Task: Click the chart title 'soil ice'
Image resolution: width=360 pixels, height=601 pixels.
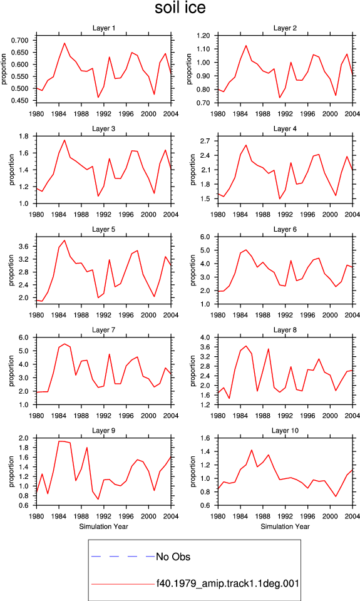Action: click(x=180, y=8)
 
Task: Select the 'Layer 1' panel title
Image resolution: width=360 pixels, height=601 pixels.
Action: click(x=103, y=28)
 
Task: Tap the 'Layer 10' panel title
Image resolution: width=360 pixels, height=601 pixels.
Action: click(x=285, y=431)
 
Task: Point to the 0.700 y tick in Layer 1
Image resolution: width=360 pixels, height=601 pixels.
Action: click(x=20, y=40)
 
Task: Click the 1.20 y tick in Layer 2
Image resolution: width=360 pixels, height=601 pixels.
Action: click(x=203, y=36)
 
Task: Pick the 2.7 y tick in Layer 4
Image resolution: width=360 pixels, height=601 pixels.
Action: click(x=205, y=141)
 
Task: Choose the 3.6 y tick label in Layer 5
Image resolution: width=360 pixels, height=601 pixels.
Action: click(x=24, y=247)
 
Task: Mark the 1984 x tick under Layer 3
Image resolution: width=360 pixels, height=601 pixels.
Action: click(x=59, y=214)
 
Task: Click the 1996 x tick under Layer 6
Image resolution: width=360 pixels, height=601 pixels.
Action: click(x=307, y=315)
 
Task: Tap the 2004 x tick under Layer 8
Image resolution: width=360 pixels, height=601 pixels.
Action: click(x=352, y=416)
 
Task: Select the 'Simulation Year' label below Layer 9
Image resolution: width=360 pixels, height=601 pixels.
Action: click(x=103, y=527)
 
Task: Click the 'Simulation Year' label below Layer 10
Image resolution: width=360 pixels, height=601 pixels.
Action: click(x=285, y=527)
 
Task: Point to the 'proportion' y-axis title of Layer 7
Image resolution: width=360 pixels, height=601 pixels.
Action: click(x=11, y=371)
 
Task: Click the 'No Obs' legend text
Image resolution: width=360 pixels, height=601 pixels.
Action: click(x=173, y=557)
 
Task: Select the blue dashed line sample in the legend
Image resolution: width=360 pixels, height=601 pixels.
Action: click(x=123, y=556)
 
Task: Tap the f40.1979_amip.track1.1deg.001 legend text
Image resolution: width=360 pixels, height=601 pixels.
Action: click(x=227, y=583)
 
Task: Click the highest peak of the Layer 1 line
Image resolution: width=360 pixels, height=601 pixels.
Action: click(x=64, y=43)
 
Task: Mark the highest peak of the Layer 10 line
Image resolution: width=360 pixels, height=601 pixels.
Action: click(x=252, y=450)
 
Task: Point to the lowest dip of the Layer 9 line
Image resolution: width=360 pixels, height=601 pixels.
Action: click(x=98, y=499)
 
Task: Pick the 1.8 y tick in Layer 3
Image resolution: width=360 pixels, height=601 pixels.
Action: click(x=24, y=136)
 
